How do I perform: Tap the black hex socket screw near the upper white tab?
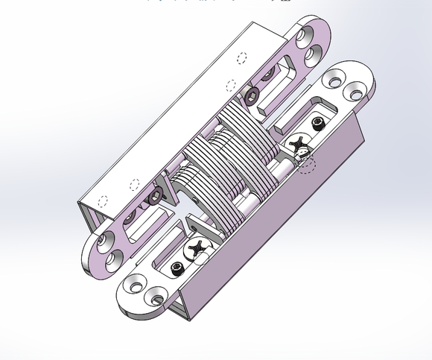point(319,121)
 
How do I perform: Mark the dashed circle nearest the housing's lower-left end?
point(103,200)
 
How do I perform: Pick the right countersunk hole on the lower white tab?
point(156,297)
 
